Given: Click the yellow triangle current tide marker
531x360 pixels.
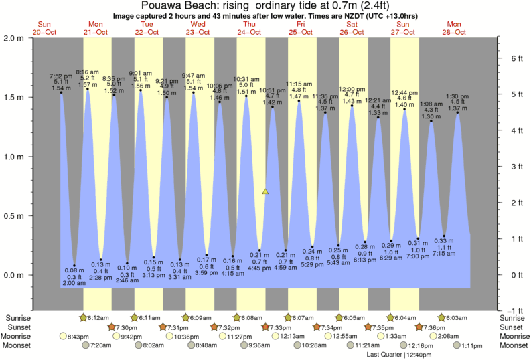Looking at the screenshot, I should pos(266,191).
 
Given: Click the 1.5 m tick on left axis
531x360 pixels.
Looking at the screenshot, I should pos(25,97).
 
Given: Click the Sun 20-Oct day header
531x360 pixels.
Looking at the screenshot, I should pos(44,27).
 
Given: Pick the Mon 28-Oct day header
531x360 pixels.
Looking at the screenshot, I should pos(454,27).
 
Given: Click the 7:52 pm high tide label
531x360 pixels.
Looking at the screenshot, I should pos(61,75).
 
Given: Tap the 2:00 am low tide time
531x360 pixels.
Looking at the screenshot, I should pos(74,283).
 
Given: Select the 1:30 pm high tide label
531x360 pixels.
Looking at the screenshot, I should pos(457,96).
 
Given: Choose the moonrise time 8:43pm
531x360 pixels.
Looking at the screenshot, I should pos(78,337).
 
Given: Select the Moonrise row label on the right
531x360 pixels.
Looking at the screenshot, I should pos(512,337).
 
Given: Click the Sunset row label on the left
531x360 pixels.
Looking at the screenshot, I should pos(17,327).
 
